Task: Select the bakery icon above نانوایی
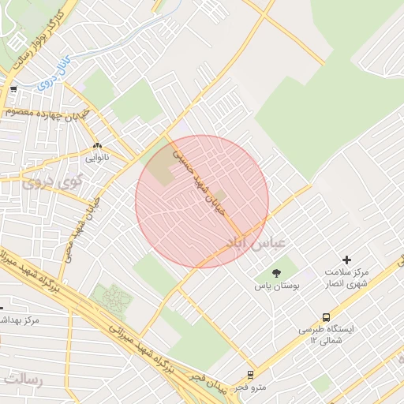click(98, 146)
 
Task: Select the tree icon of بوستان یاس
click(275, 273)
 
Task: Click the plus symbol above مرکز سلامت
click(346, 260)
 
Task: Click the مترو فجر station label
click(252, 387)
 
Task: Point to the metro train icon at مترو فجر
click(250, 374)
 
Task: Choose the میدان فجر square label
click(209, 383)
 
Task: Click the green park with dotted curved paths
click(112, 298)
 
